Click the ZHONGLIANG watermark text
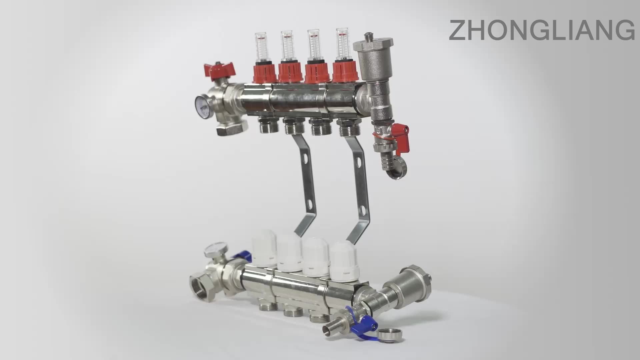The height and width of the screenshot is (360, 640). point(541,30)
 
